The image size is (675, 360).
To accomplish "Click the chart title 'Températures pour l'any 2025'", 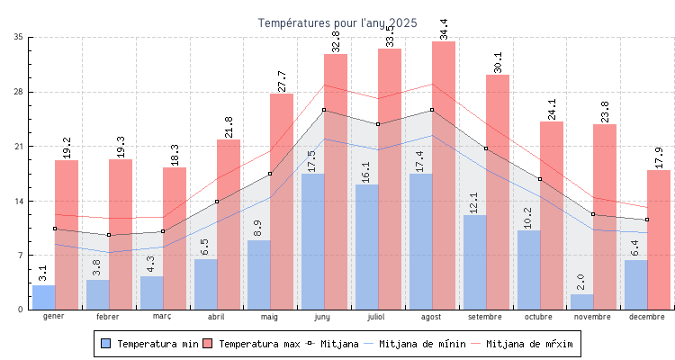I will [x=337, y=23].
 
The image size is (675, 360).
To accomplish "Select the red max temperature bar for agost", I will [x=444, y=175].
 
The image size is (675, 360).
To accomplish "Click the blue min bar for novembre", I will [x=582, y=301].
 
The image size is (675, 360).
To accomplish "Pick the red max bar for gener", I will [x=67, y=235].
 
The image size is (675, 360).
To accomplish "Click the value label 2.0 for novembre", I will [x=580, y=283].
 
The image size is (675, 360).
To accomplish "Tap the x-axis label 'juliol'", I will [x=377, y=317].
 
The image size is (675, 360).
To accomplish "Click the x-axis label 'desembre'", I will [x=647, y=317].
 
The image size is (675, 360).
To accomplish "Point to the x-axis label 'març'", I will [x=162, y=317].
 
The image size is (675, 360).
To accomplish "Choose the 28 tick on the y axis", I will [x=19, y=92].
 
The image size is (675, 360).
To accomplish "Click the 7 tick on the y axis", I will [x=22, y=256].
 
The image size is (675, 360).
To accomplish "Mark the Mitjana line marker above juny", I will [x=324, y=110].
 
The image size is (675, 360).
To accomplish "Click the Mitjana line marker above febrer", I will [x=108, y=235].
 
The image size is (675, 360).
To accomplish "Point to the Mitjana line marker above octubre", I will [x=540, y=179].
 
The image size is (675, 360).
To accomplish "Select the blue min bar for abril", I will [x=205, y=284].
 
